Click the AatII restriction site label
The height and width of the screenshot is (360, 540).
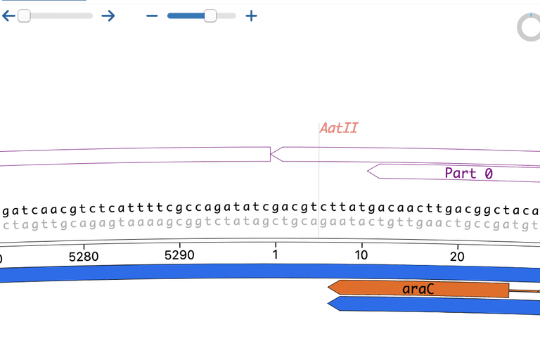tap(340, 128)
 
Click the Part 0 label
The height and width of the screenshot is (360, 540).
tap(469, 173)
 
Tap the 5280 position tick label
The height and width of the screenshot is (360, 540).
tap(84, 256)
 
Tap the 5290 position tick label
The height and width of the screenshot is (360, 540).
tap(179, 255)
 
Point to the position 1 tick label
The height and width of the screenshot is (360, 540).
tap(275, 254)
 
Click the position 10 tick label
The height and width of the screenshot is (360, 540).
tap(361, 254)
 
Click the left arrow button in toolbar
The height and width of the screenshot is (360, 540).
tap(8, 15)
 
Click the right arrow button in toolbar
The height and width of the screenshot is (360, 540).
tap(108, 15)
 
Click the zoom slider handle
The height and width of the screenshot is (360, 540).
tap(210, 15)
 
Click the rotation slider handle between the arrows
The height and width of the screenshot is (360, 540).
tap(24, 15)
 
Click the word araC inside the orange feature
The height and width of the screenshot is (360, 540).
tap(418, 289)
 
